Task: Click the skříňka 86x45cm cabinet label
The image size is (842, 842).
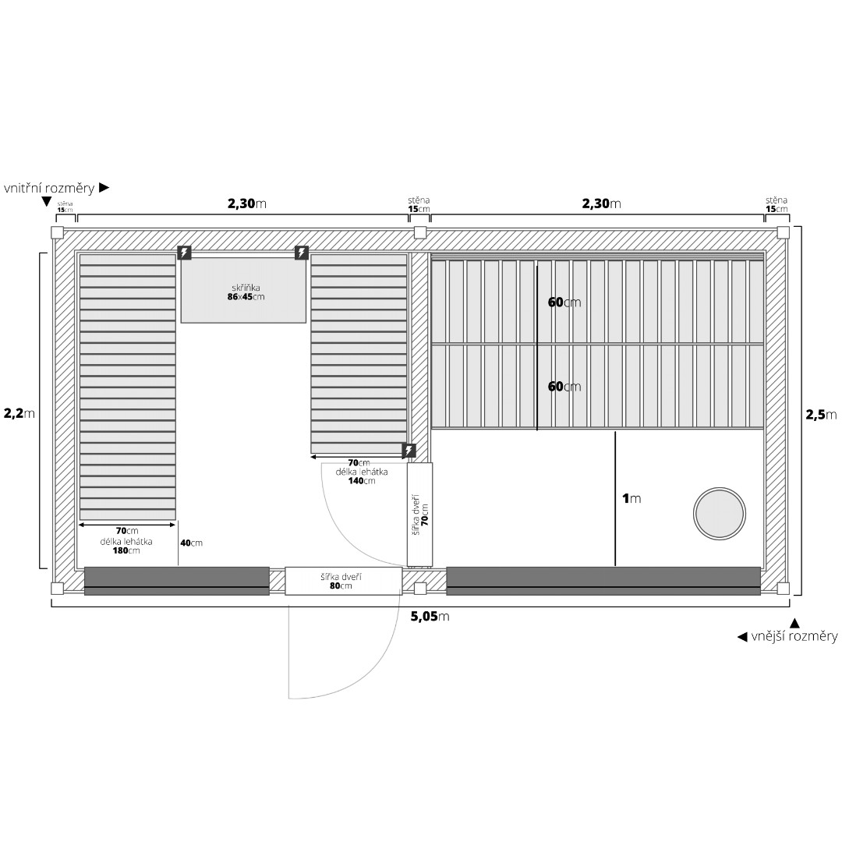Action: point(246,292)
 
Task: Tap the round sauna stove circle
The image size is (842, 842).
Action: point(719,514)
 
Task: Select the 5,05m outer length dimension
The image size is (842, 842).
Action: point(430,617)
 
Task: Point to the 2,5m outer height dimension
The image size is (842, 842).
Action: point(821,415)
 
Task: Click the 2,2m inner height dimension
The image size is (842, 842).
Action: point(19,413)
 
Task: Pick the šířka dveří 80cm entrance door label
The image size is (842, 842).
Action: point(341,581)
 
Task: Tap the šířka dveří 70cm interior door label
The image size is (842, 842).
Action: point(420,515)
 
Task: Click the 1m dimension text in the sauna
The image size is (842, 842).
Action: point(631,498)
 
